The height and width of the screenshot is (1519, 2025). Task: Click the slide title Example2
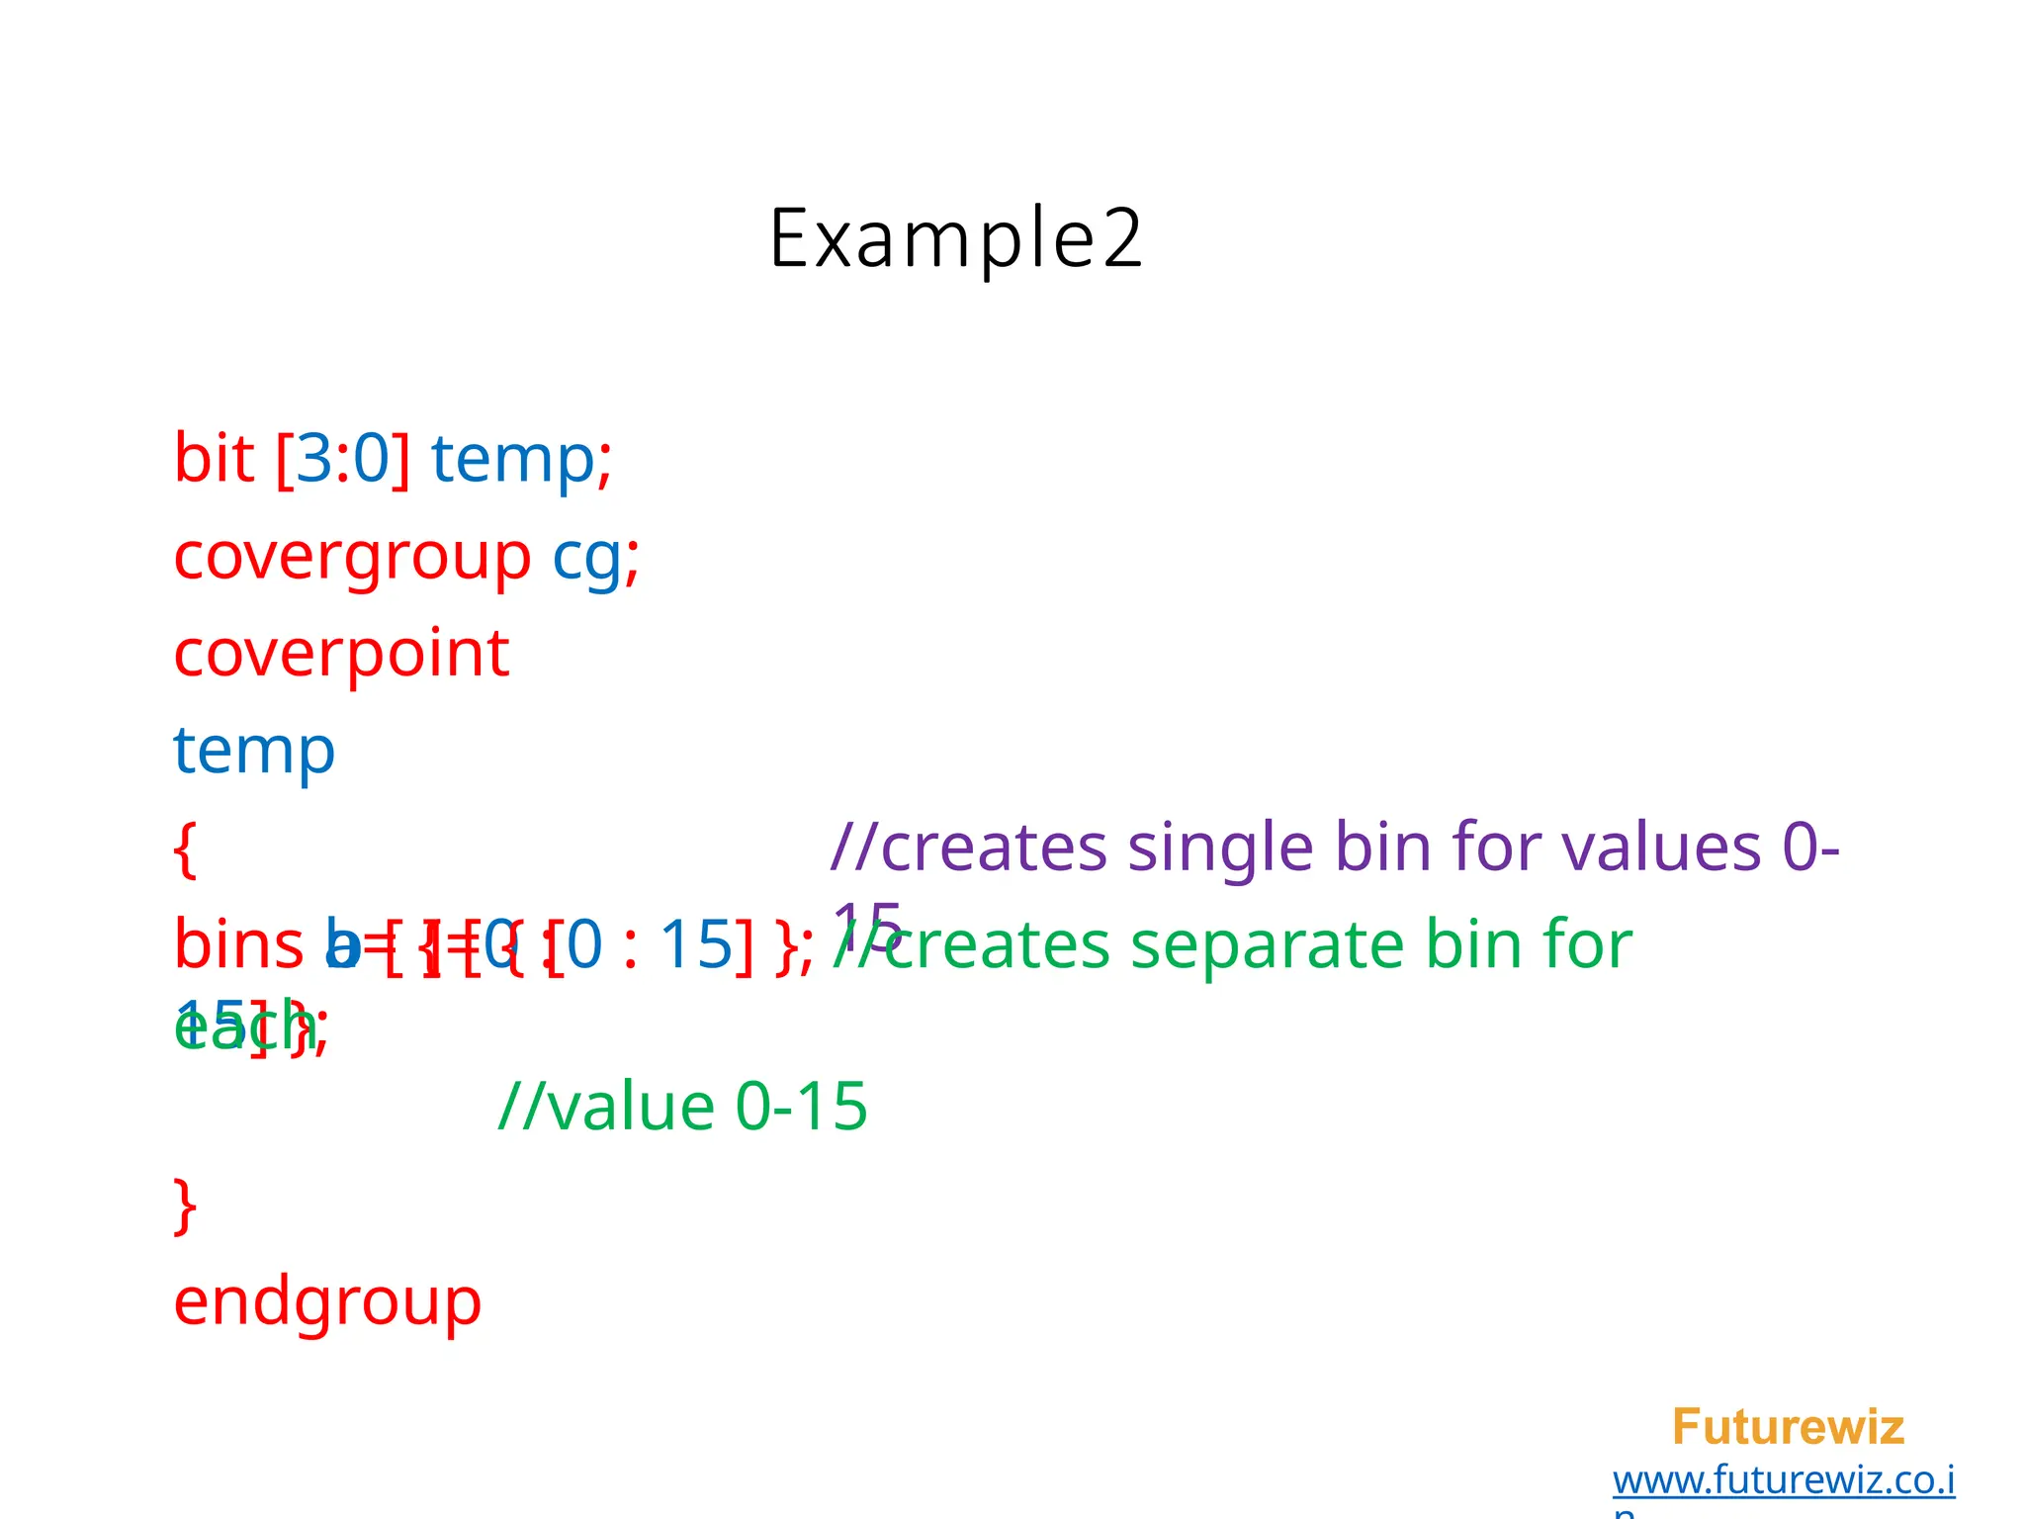955,239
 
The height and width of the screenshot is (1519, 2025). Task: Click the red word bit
214,459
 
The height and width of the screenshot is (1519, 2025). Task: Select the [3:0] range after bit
343,459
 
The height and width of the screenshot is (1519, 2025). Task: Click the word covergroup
352,557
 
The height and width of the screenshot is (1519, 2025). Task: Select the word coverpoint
341,654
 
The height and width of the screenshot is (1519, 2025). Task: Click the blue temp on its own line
254,751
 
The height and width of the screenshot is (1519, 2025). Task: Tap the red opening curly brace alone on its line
185,849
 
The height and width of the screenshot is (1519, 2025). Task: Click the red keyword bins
238,944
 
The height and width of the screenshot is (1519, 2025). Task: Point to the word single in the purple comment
1220,848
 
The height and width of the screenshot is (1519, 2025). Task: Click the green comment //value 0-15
683,1106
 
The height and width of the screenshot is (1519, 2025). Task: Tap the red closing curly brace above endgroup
185,1206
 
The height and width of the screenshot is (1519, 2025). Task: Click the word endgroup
327,1301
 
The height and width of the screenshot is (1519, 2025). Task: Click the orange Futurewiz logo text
1788,1427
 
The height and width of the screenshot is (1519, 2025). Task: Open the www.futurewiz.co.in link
1783,1480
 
